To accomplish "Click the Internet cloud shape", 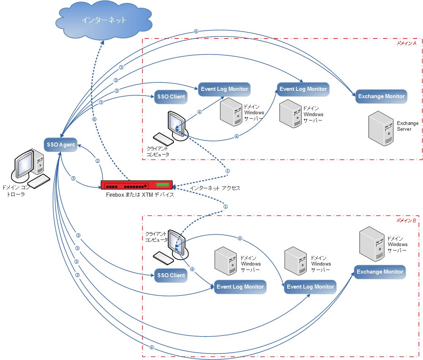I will pos(104,21).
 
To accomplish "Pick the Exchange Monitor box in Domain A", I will pos(381,96).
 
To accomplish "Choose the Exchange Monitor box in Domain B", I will pos(380,272).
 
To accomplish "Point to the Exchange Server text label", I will pos(407,126).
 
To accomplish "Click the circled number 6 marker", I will pos(94,119).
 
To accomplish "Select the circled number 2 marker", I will pos(97,161).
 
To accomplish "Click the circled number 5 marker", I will pos(73,178).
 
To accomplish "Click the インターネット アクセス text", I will pos(215,188).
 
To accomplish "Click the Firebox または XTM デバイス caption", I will pos(140,195).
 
